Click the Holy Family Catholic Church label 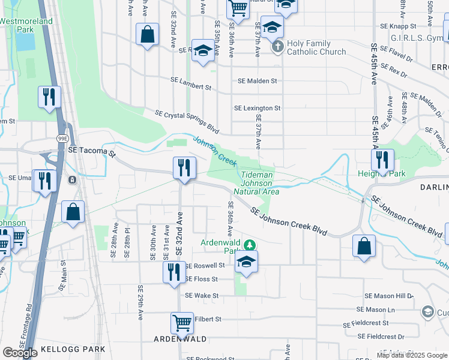(316, 47)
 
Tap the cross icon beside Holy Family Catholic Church (277, 47)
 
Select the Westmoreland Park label (26, 25)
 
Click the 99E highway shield (62, 137)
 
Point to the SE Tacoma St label (91, 152)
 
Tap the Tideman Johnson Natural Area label (260, 183)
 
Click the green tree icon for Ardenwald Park (252, 245)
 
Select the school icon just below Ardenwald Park (246, 262)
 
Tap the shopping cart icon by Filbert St (182, 322)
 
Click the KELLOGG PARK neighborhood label (73, 349)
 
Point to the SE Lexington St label (257, 108)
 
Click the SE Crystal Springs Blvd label (187, 122)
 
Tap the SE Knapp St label (398, 26)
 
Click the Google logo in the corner (20, 352)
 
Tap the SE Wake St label (202, 295)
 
